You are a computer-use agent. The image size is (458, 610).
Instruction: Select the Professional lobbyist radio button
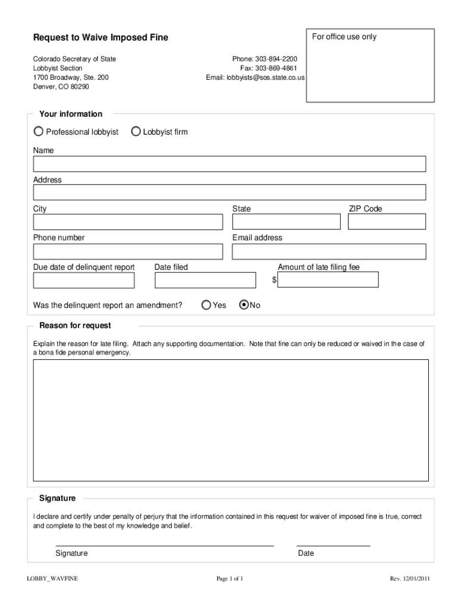click(39, 131)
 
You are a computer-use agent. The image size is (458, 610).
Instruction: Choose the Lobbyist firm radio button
click(136, 131)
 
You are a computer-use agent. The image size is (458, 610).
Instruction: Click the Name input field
click(229, 164)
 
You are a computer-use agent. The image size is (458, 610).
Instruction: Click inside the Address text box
click(229, 192)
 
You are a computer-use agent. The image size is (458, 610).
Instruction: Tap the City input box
click(128, 222)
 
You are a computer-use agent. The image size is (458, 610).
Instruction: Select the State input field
click(286, 222)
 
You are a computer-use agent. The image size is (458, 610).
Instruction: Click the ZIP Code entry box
click(387, 222)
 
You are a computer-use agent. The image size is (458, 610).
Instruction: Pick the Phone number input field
click(128, 251)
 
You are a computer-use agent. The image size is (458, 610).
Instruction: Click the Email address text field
click(329, 251)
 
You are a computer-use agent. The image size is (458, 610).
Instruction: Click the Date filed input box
click(204, 280)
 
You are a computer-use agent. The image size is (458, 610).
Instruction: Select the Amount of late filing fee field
click(328, 280)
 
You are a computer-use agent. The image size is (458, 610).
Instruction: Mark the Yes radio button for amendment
click(206, 305)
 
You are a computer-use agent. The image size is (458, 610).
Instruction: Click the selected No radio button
click(243, 305)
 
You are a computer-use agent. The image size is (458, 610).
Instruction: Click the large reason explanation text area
click(231, 420)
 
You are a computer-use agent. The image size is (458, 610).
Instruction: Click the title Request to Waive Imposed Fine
click(101, 38)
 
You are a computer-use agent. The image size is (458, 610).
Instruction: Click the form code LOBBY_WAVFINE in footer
click(52, 578)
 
